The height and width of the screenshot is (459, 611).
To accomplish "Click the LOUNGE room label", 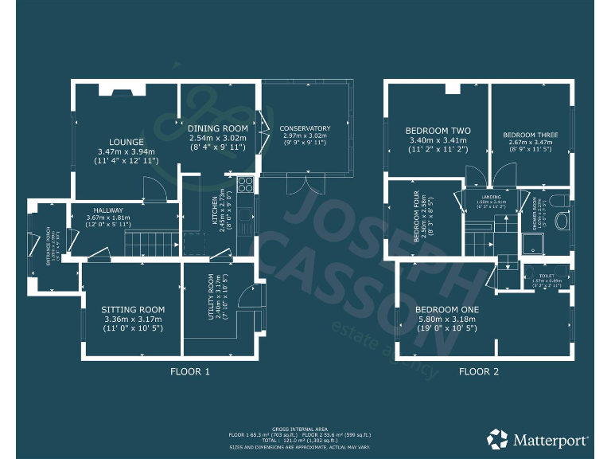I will tap(126, 143).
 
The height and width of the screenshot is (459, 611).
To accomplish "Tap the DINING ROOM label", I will tap(218, 127).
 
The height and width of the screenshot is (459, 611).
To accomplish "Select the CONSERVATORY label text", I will tap(304, 128).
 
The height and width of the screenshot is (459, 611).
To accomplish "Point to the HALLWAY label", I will tap(107, 210).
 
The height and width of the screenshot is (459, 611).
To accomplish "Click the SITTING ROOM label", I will tap(133, 310).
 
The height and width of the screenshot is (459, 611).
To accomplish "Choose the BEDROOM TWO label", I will tap(438, 131).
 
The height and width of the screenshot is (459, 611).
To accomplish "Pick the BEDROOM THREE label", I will tap(531, 135).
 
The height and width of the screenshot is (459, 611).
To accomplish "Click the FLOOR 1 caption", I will tap(190, 371).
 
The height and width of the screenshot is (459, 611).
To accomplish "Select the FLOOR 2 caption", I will tap(479, 371).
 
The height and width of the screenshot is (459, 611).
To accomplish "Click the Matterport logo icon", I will tap(498, 438).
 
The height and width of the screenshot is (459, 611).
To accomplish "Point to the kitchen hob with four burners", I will tap(244, 186).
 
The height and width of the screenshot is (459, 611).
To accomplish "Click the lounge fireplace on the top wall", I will tap(121, 90).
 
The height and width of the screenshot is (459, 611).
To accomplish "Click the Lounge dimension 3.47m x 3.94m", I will tap(126, 152).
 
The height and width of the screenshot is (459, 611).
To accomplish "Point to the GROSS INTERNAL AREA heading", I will tap(299, 428).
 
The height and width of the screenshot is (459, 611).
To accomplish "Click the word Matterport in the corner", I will tap(550, 439).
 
